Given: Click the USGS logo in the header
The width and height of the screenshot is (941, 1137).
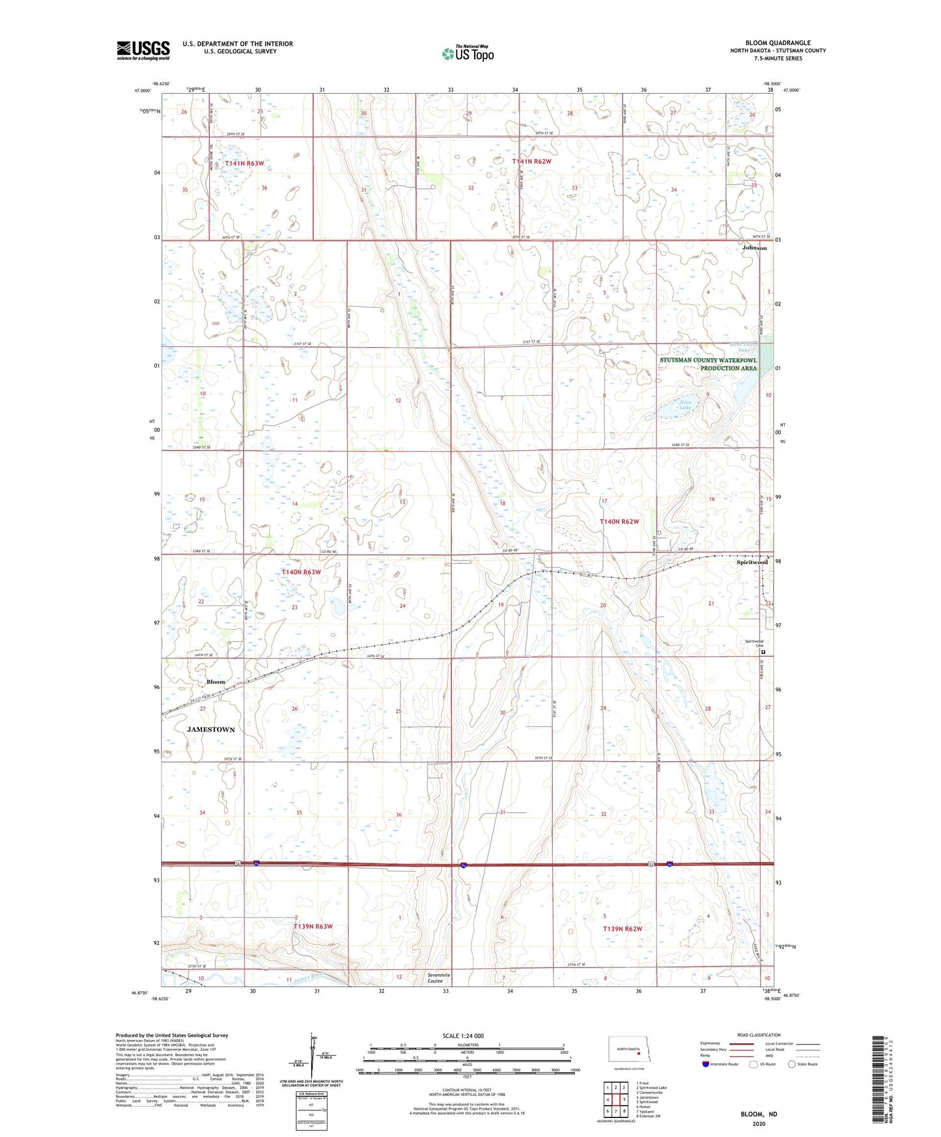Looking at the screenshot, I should [143, 50].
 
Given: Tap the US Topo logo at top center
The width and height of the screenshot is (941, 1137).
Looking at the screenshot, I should [468, 53].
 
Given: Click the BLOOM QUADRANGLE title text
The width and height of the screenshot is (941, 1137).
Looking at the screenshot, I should [778, 43].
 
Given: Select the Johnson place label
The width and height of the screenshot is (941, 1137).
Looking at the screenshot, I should [754, 248].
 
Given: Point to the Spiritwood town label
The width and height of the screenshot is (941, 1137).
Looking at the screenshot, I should [752, 562].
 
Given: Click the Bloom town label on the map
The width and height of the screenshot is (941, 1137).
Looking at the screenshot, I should [216, 682].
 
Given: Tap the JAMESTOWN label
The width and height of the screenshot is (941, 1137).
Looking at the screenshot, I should [211, 729].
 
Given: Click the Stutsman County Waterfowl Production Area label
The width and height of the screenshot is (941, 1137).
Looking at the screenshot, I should [709, 364].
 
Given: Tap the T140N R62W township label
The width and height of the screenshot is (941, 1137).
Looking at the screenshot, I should [619, 522].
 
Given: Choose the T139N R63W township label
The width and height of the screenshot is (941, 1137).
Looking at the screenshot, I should [313, 926].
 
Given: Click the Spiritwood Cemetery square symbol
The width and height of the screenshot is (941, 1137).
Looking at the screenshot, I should [763, 652].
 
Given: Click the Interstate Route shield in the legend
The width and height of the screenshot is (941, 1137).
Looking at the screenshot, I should [707, 1064].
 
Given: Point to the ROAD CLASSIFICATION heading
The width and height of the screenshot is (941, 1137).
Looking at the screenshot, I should [758, 1035].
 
